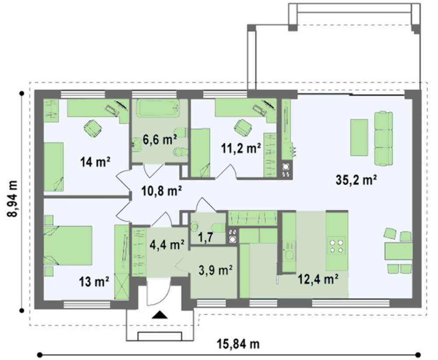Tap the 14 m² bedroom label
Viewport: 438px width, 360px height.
pos(95,162)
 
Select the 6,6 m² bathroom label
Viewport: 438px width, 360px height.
pos(159,139)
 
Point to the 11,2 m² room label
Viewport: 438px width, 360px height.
pos(241,148)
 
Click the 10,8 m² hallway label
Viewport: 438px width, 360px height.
pos(162,191)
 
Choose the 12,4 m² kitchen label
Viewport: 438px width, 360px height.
pos(318,279)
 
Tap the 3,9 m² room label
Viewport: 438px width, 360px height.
pos(215,270)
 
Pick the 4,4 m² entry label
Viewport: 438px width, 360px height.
pos(167,245)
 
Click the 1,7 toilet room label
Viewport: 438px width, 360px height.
pos(205,237)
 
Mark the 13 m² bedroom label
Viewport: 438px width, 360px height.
pos(94,282)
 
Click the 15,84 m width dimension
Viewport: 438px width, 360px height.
pos(238,344)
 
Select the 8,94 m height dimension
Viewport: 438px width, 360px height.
pos(12,199)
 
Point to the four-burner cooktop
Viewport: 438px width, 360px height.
pos(336,246)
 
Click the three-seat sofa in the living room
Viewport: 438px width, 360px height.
pos(383,139)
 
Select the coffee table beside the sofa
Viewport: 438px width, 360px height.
pos(359,138)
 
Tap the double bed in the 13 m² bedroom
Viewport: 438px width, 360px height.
pos(68,246)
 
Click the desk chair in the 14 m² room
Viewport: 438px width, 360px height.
pos(93,128)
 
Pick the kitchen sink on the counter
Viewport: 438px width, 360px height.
pos(289,254)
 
